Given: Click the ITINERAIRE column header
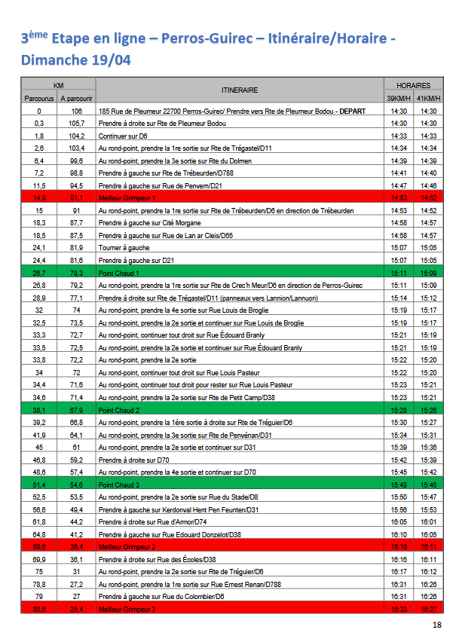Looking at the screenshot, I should [240, 90].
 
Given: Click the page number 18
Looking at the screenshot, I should [437, 625].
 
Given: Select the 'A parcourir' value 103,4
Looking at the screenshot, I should [76, 148].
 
